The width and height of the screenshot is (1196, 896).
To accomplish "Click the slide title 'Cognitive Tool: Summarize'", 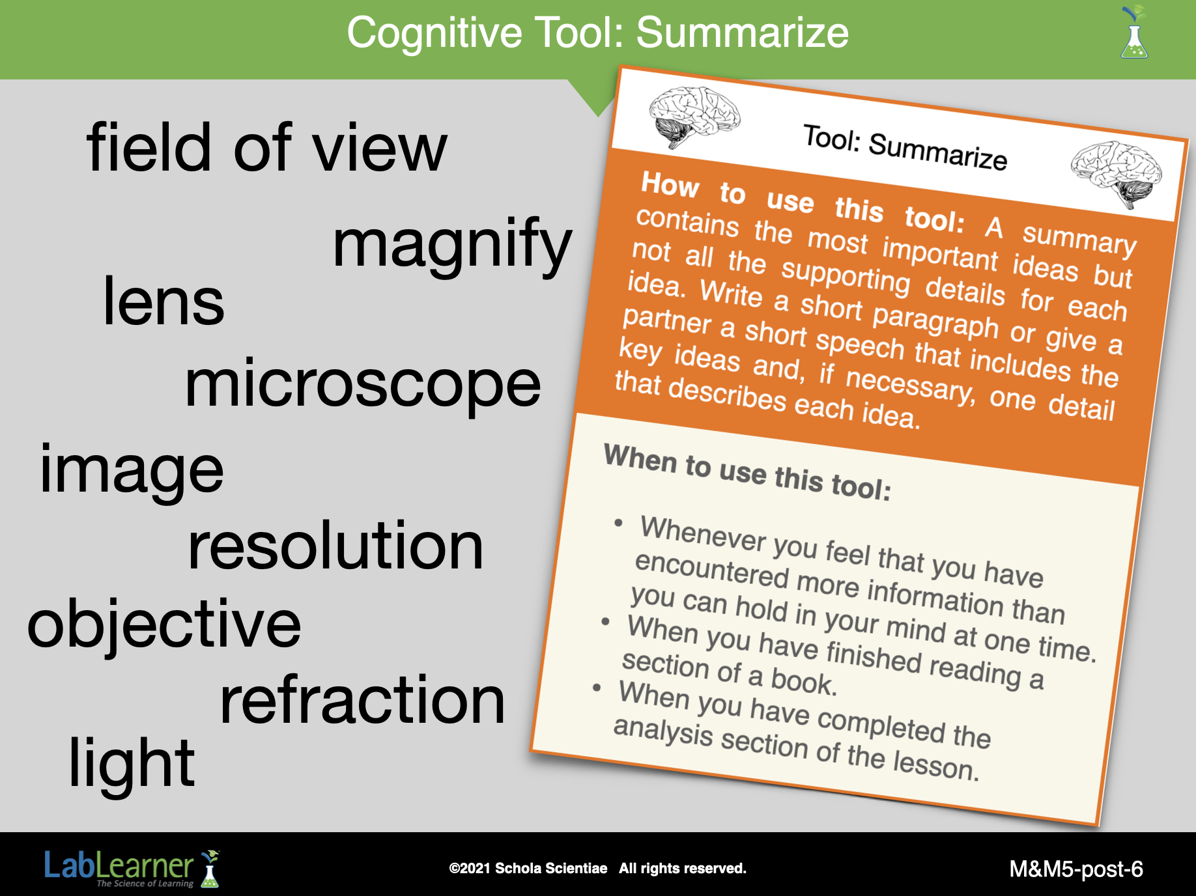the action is click(x=597, y=33).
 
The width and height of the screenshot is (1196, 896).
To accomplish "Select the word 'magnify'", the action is click(x=452, y=245).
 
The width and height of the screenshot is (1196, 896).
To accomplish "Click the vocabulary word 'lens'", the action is click(x=164, y=301).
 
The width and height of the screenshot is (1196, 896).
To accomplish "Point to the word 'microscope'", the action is click(x=363, y=385).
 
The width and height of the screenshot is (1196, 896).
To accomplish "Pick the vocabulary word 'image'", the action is click(x=132, y=470).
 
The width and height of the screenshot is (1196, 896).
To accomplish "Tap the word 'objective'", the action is click(x=164, y=625).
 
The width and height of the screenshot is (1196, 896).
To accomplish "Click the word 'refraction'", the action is click(x=362, y=700).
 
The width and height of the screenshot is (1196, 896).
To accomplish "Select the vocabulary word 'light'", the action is click(x=132, y=763).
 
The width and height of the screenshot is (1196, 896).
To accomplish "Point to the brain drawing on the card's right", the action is click(x=1116, y=173).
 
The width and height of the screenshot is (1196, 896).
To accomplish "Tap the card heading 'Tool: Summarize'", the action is click(x=905, y=147).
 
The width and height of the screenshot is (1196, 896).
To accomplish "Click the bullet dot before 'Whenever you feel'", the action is click(x=619, y=523).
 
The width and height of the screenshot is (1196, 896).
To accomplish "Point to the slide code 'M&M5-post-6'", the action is click(x=1076, y=869).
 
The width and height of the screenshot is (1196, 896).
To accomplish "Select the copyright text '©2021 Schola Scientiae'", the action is click(x=528, y=868).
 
